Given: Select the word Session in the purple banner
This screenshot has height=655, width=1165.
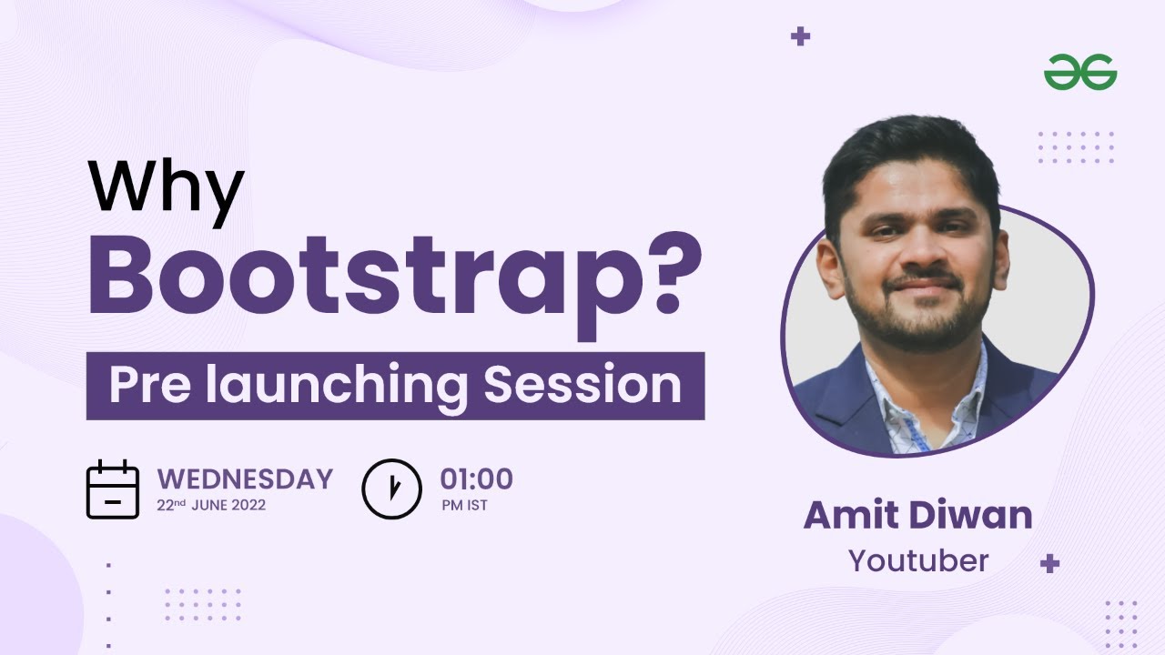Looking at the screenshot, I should pyautogui.click(x=582, y=386).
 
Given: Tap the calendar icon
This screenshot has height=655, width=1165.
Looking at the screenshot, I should pyautogui.click(x=112, y=489).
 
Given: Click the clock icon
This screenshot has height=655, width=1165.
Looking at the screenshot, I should pyautogui.click(x=391, y=489).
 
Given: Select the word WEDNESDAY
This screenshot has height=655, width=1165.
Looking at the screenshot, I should pyautogui.click(x=245, y=479).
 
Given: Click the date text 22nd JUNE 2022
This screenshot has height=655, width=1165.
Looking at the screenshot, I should pyautogui.click(x=211, y=504).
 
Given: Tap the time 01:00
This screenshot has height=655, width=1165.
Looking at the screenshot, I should pyautogui.click(x=476, y=479).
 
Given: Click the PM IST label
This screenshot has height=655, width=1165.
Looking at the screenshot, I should pyautogui.click(x=464, y=505).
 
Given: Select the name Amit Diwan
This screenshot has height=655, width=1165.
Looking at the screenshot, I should pyautogui.click(x=917, y=516).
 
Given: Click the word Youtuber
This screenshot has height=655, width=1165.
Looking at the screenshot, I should pyautogui.click(x=917, y=560).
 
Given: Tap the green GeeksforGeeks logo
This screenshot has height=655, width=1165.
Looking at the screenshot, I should pyautogui.click(x=1080, y=72).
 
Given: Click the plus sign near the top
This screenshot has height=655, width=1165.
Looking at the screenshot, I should pyautogui.click(x=800, y=36).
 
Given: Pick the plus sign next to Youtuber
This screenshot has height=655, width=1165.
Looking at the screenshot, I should pyautogui.click(x=1049, y=563).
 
